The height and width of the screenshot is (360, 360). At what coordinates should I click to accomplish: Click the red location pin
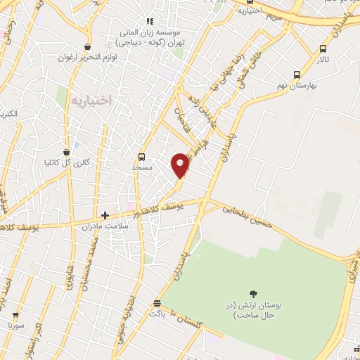click(x=181, y=165)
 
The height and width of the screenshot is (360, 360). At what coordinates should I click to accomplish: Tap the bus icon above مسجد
click(x=143, y=157)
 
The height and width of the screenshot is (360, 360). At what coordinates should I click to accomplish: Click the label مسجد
click(x=143, y=169)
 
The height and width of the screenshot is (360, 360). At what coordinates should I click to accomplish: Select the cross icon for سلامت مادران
click(x=105, y=215)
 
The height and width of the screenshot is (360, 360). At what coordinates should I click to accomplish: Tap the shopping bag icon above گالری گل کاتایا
click(x=66, y=152)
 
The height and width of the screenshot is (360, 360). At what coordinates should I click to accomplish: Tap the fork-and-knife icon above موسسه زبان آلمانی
click(x=150, y=21)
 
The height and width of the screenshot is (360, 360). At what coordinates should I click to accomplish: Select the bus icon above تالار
click(x=323, y=49)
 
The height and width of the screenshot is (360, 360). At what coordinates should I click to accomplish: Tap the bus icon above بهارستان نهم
click(x=297, y=74)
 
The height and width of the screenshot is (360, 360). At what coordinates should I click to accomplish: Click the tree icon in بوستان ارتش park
click(x=252, y=292)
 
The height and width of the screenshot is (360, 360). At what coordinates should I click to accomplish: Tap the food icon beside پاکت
click(x=157, y=304)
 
